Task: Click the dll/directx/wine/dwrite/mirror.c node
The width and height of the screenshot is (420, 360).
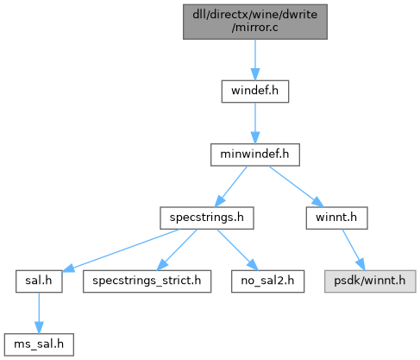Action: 255,22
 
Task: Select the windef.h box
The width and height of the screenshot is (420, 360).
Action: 255,92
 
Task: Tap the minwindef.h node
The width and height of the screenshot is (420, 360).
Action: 255,155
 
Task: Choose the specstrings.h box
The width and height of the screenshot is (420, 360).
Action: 207,218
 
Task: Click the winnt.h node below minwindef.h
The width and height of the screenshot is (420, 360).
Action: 336,218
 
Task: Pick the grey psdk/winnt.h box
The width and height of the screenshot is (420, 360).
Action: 370,281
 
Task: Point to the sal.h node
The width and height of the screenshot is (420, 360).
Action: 39,281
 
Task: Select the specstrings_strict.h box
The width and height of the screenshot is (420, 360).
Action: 147,281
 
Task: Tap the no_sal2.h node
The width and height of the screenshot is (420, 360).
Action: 267,281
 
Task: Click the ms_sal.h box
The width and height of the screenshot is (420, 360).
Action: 39,344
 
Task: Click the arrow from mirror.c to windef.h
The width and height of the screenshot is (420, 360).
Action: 255,60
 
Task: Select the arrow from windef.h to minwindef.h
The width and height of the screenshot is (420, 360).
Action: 255,123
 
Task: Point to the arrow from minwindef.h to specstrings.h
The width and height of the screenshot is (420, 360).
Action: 231,186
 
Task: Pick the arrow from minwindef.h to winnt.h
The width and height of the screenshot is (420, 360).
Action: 297,186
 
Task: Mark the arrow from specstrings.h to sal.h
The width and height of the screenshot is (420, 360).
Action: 121,250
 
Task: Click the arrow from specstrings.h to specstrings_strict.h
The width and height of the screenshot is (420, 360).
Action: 177,249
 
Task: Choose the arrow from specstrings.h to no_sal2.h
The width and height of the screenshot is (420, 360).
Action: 237,249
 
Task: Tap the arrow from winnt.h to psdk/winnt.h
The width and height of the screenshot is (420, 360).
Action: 354,249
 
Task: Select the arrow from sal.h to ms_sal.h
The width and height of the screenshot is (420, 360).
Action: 39,313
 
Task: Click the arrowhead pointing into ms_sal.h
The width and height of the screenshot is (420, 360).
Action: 39,328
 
